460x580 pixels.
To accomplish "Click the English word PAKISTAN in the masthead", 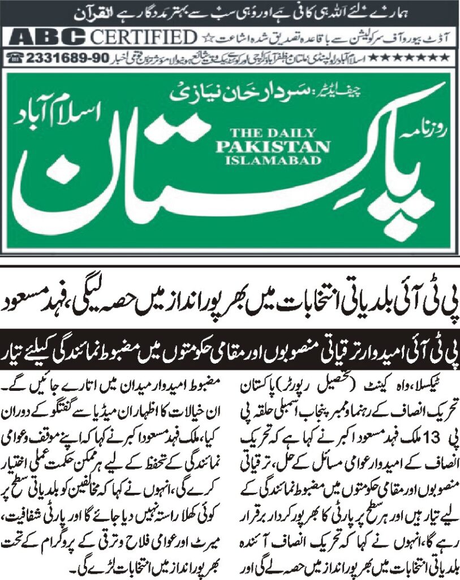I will [279, 146].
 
